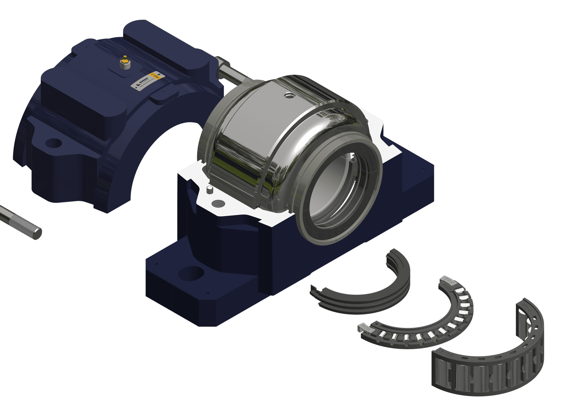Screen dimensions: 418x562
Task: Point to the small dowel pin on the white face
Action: tap(210, 189)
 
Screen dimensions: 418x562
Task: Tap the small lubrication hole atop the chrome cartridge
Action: tap(289, 95)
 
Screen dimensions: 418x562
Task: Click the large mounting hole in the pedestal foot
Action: tap(191, 273)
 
